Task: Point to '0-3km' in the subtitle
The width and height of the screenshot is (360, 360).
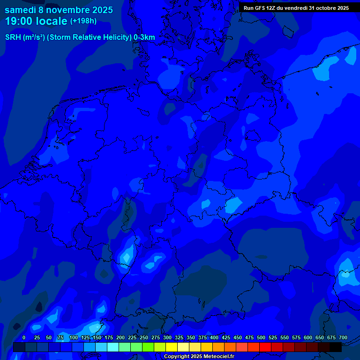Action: (x=144, y=37)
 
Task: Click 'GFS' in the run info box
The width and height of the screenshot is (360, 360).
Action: (x=260, y=8)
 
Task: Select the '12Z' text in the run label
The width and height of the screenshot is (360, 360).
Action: (x=272, y=8)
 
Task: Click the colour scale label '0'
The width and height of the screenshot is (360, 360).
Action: (x=24, y=337)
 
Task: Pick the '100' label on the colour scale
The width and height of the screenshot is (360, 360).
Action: (x=74, y=337)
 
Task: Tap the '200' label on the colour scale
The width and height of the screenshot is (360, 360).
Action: (x=120, y=337)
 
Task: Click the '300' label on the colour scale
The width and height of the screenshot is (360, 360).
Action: (x=167, y=337)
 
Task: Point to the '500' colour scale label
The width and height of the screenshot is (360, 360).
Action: (x=261, y=337)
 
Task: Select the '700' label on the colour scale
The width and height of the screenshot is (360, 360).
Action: (x=343, y=337)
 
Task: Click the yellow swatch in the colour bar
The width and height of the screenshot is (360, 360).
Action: (x=172, y=347)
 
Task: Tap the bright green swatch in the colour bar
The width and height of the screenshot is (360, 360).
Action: (x=148, y=347)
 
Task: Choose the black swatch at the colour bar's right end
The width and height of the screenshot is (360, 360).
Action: (x=336, y=347)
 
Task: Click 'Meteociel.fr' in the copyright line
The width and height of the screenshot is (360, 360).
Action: (x=219, y=356)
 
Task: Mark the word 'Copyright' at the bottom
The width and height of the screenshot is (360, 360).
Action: (x=176, y=356)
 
